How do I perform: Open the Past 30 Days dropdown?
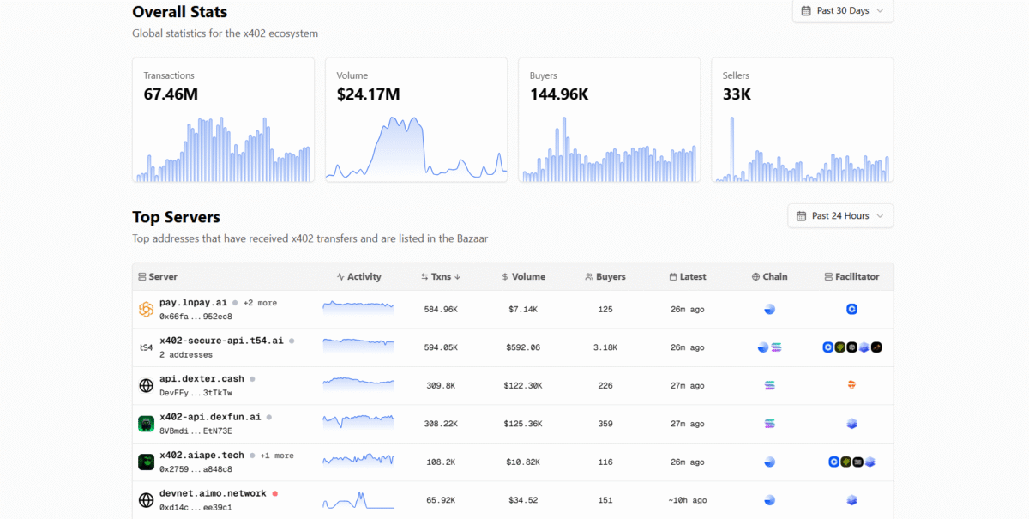[x=842, y=11]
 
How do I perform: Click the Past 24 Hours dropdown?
[x=840, y=216]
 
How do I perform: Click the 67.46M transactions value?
[x=171, y=94]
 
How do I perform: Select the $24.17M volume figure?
[x=368, y=94]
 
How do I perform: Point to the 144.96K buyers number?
[x=559, y=94]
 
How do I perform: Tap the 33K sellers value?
[x=737, y=94]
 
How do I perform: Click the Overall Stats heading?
[x=180, y=12]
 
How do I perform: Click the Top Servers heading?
[x=176, y=217]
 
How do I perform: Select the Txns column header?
[x=441, y=277]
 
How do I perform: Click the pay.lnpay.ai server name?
[x=193, y=303]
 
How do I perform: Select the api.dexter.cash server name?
[x=202, y=379]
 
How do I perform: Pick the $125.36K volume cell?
[x=523, y=424]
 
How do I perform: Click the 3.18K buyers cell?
[x=605, y=347]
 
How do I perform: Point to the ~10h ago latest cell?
[x=687, y=500]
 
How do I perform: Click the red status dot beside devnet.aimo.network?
[x=275, y=494]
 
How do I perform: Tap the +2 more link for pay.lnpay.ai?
[x=260, y=303]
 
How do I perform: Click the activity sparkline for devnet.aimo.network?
[x=358, y=500]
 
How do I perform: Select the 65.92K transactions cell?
[x=441, y=500]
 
